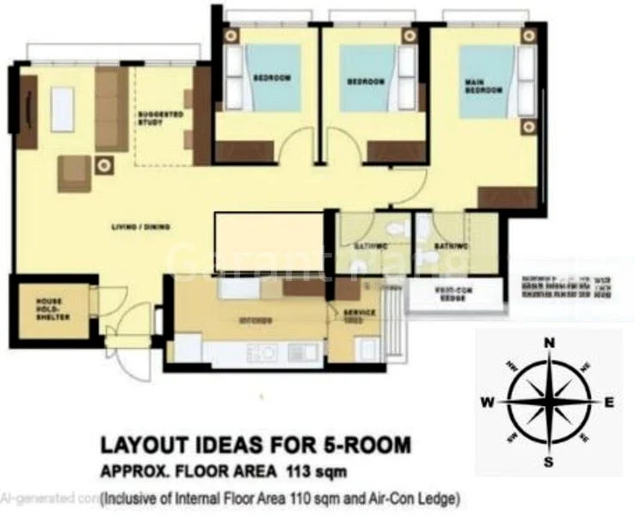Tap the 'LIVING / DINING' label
[x=139, y=227]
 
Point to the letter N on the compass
[x=549, y=342]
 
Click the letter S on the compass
[x=548, y=464]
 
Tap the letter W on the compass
[x=487, y=402]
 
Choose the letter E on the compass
[x=609, y=402]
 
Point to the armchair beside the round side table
[x=75, y=173]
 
